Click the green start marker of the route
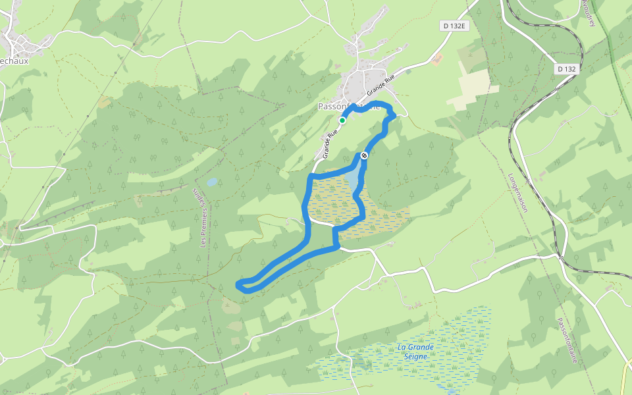342,120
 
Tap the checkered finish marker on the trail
364,155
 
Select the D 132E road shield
453,26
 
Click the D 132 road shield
566,68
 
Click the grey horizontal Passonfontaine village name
349,106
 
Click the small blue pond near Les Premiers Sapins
211,181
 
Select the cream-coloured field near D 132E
471,89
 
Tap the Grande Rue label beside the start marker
330,143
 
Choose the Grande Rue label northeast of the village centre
381,83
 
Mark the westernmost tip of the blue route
238,284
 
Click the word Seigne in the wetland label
417,356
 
